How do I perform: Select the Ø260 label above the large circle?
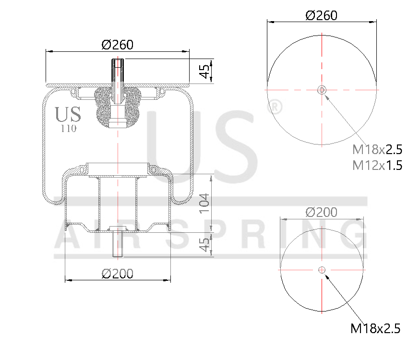pyautogui.click(x=321, y=15)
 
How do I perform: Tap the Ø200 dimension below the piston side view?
pyautogui.click(x=117, y=274)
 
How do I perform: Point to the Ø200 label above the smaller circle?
pyautogui.click(x=321, y=212)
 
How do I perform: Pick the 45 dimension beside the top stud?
pyautogui.click(x=204, y=72)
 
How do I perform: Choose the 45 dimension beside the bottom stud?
pyautogui.click(x=204, y=244)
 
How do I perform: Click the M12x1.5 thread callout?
pyautogui.click(x=377, y=166)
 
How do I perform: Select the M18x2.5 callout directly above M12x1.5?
pyautogui.click(x=377, y=149)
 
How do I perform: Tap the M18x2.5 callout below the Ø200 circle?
pyautogui.click(x=375, y=329)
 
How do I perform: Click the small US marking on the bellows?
pyautogui.click(x=68, y=115)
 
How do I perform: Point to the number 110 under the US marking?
pyautogui.click(x=68, y=128)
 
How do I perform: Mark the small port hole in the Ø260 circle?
pyautogui.click(x=322, y=90)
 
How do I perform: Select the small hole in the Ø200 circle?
pyautogui.click(x=322, y=270)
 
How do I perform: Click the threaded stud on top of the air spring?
pyautogui.click(x=118, y=72)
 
